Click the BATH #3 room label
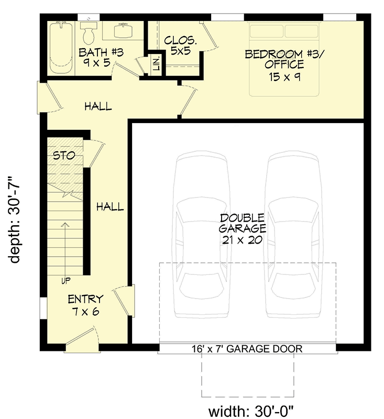click(x=94, y=57)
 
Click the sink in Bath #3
click(x=122, y=31)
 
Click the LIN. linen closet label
click(x=156, y=64)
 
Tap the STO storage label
click(x=64, y=156)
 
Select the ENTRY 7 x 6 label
click(x=85, y=305)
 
